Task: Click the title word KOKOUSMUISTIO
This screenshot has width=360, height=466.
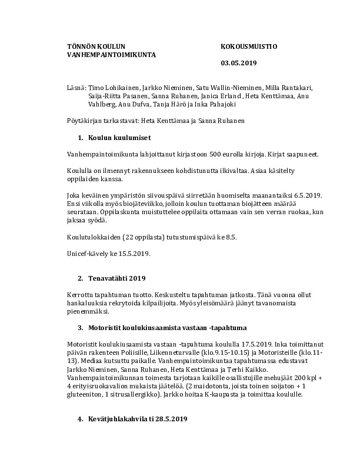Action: pos(249,46)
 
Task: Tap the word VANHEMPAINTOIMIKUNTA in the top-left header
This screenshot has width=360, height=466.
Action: pos(111,54)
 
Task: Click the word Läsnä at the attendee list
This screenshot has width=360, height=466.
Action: pos(76,86)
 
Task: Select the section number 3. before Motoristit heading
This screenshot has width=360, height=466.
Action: pos(80,327)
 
